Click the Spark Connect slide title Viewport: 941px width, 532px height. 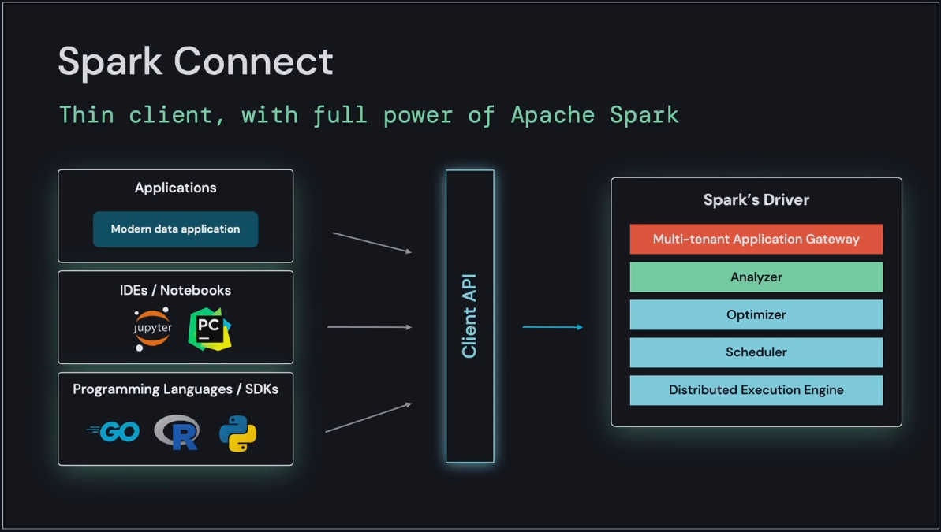[x=196, y=61]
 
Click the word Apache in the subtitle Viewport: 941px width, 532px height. [x=553, y=115]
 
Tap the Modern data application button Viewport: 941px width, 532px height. [x=175, y=229]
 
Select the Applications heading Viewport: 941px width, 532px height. [x=175, y=188]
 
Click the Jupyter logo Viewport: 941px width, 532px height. [x=152, y=329]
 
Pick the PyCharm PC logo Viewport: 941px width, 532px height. [x=209, y=329]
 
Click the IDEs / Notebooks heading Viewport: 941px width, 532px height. [x=175, y=290]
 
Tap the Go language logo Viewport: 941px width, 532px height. [x=114, y=431]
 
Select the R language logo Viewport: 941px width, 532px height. [x=177, y=432]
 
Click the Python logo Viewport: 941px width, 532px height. [x=237, y=433]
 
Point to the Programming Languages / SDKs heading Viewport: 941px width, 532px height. [x=175, y=389]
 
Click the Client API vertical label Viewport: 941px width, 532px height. [x=469, y=316]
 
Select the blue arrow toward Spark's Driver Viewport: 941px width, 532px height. [x=552, y=327]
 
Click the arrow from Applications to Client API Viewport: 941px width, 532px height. [x=372, y=243]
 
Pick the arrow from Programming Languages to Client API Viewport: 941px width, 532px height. [x=368, y=418]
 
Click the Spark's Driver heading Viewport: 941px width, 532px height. [x=756, y=200]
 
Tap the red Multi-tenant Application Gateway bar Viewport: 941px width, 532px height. [x=756, y=239]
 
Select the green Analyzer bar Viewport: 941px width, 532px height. [x=756, y=277]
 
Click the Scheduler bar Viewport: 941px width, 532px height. [x=756, y=352]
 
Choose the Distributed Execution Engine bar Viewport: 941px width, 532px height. [x=756, y=390]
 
